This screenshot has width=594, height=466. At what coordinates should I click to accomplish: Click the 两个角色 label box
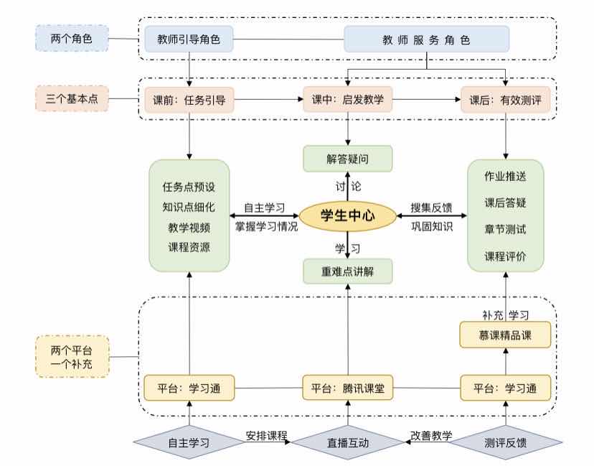[x=72, y=39]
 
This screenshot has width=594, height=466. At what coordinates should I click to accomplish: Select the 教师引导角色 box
[x=189, y=39]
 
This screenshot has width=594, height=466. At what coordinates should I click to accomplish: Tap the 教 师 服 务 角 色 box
[x=426, y=39]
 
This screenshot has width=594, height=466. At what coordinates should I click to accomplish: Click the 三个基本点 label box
[x=72, y=99]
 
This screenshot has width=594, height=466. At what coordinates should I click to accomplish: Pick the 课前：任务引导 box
[x=189, y=101]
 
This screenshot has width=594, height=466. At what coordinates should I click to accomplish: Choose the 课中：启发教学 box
[x=348, y=101]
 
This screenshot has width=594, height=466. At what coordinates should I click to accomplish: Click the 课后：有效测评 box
[x=506, y=101]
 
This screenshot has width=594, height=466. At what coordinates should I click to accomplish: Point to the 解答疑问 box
[x=348, y=159]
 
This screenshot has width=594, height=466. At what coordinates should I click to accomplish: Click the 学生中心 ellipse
[x=348, y=215]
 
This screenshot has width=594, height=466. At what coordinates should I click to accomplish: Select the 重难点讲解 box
[x=348, y=271]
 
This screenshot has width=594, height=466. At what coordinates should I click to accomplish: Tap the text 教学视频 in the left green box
[x=189, y=228]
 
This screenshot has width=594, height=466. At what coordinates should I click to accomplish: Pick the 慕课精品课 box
[x=506, y=335]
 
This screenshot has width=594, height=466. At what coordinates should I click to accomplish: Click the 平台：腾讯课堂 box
[x=348, y=388]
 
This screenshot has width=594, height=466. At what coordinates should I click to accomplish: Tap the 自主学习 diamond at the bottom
[x=189, y=442]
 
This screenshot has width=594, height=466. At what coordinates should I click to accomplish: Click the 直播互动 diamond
[x=348, y=442]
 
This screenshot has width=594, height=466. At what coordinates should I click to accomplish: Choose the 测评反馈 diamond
[x=506, y=442]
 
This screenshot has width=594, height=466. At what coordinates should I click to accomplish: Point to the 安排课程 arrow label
[x=267, y=435]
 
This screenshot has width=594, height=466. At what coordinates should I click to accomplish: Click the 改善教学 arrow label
[x=431, y=435]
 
